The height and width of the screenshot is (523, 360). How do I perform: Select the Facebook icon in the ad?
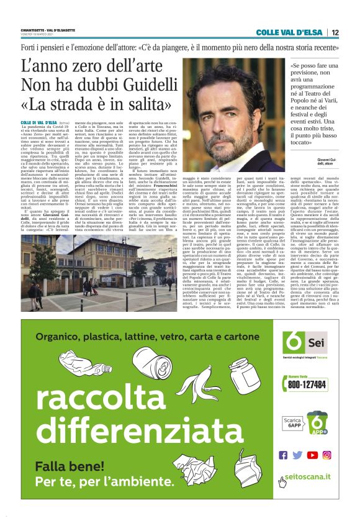point(284,455)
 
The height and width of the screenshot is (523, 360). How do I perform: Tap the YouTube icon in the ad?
point(312,455)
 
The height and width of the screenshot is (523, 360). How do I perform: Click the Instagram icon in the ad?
point(326,455)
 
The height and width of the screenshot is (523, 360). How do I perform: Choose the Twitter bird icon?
point(297,455)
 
